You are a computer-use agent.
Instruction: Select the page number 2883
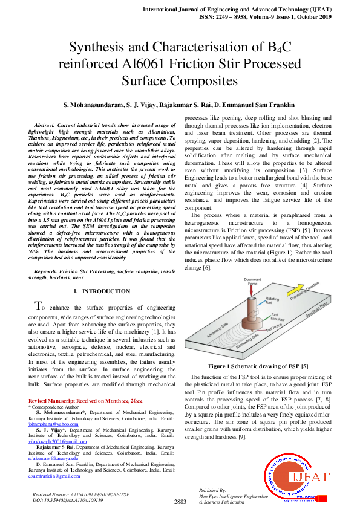tap(180, 501)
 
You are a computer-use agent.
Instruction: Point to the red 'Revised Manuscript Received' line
tap(85, 401)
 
